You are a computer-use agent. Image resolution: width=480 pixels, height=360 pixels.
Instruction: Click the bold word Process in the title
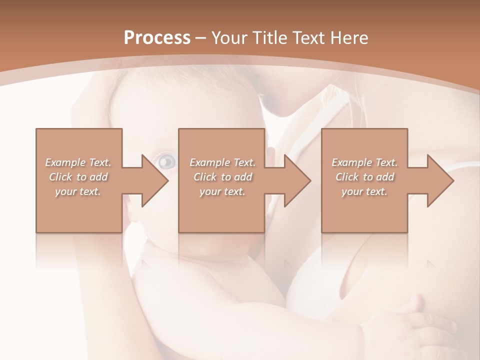coord(157,38)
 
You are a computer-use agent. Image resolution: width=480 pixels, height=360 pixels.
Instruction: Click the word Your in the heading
coord(228,38)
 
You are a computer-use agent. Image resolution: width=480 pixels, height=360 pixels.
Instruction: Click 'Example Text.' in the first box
coord(78,162)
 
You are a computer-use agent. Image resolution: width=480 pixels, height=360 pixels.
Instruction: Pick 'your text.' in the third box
coord(364,191)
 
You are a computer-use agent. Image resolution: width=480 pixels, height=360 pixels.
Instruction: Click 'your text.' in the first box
coord(78,191)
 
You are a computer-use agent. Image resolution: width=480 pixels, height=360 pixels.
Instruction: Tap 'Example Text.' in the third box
coord(364,162)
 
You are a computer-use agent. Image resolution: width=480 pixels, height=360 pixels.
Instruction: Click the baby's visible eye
coord(167,161)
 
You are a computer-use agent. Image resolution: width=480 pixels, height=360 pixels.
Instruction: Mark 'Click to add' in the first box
coord(78,177)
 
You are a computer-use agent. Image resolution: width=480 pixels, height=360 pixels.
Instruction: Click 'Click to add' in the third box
coord(364,177)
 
